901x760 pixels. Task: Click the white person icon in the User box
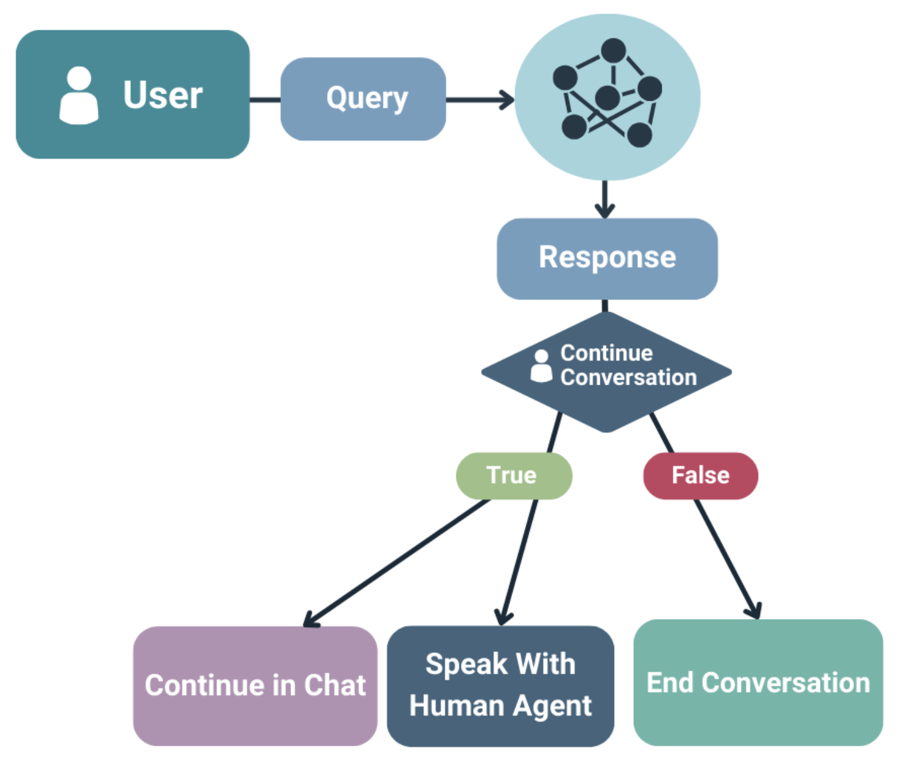[x=79, y=96]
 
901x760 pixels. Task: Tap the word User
[x=163, y=95]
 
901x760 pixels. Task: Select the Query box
[x=363, y=99]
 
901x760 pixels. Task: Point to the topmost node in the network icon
[x=613, y=51]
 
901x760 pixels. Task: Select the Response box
[x=607, y=258]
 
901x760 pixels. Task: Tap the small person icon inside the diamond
[x=540, y=366]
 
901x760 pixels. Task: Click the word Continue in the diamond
[x=606, y=353]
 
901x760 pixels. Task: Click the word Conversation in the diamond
[x=628, y=377]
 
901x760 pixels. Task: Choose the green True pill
[x=513, y=476]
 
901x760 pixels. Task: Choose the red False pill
[x=700, y=476]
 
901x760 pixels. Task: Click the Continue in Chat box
[x=255, y=686]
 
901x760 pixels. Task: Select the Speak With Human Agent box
[x=500, y=686]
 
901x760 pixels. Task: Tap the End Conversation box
[x=758, y=683]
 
